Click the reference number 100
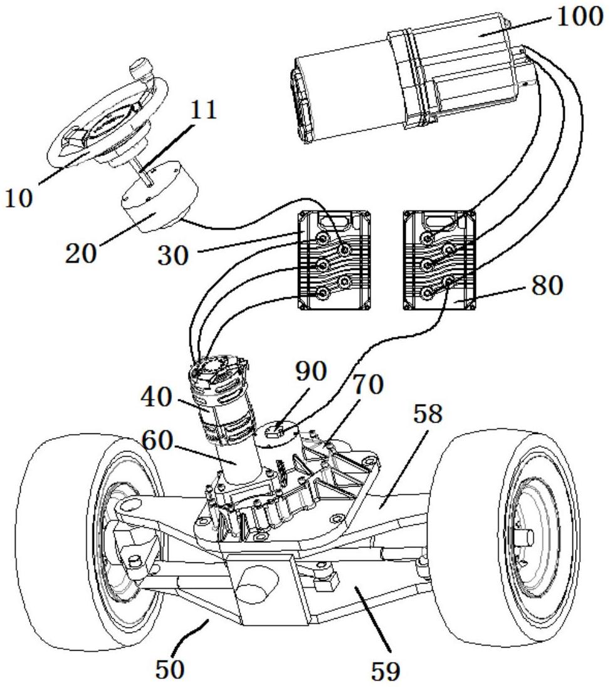point(581,18)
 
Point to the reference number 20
point(81,253)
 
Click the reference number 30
point(173,256)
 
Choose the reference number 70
point(367,385)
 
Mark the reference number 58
point(428,413)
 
